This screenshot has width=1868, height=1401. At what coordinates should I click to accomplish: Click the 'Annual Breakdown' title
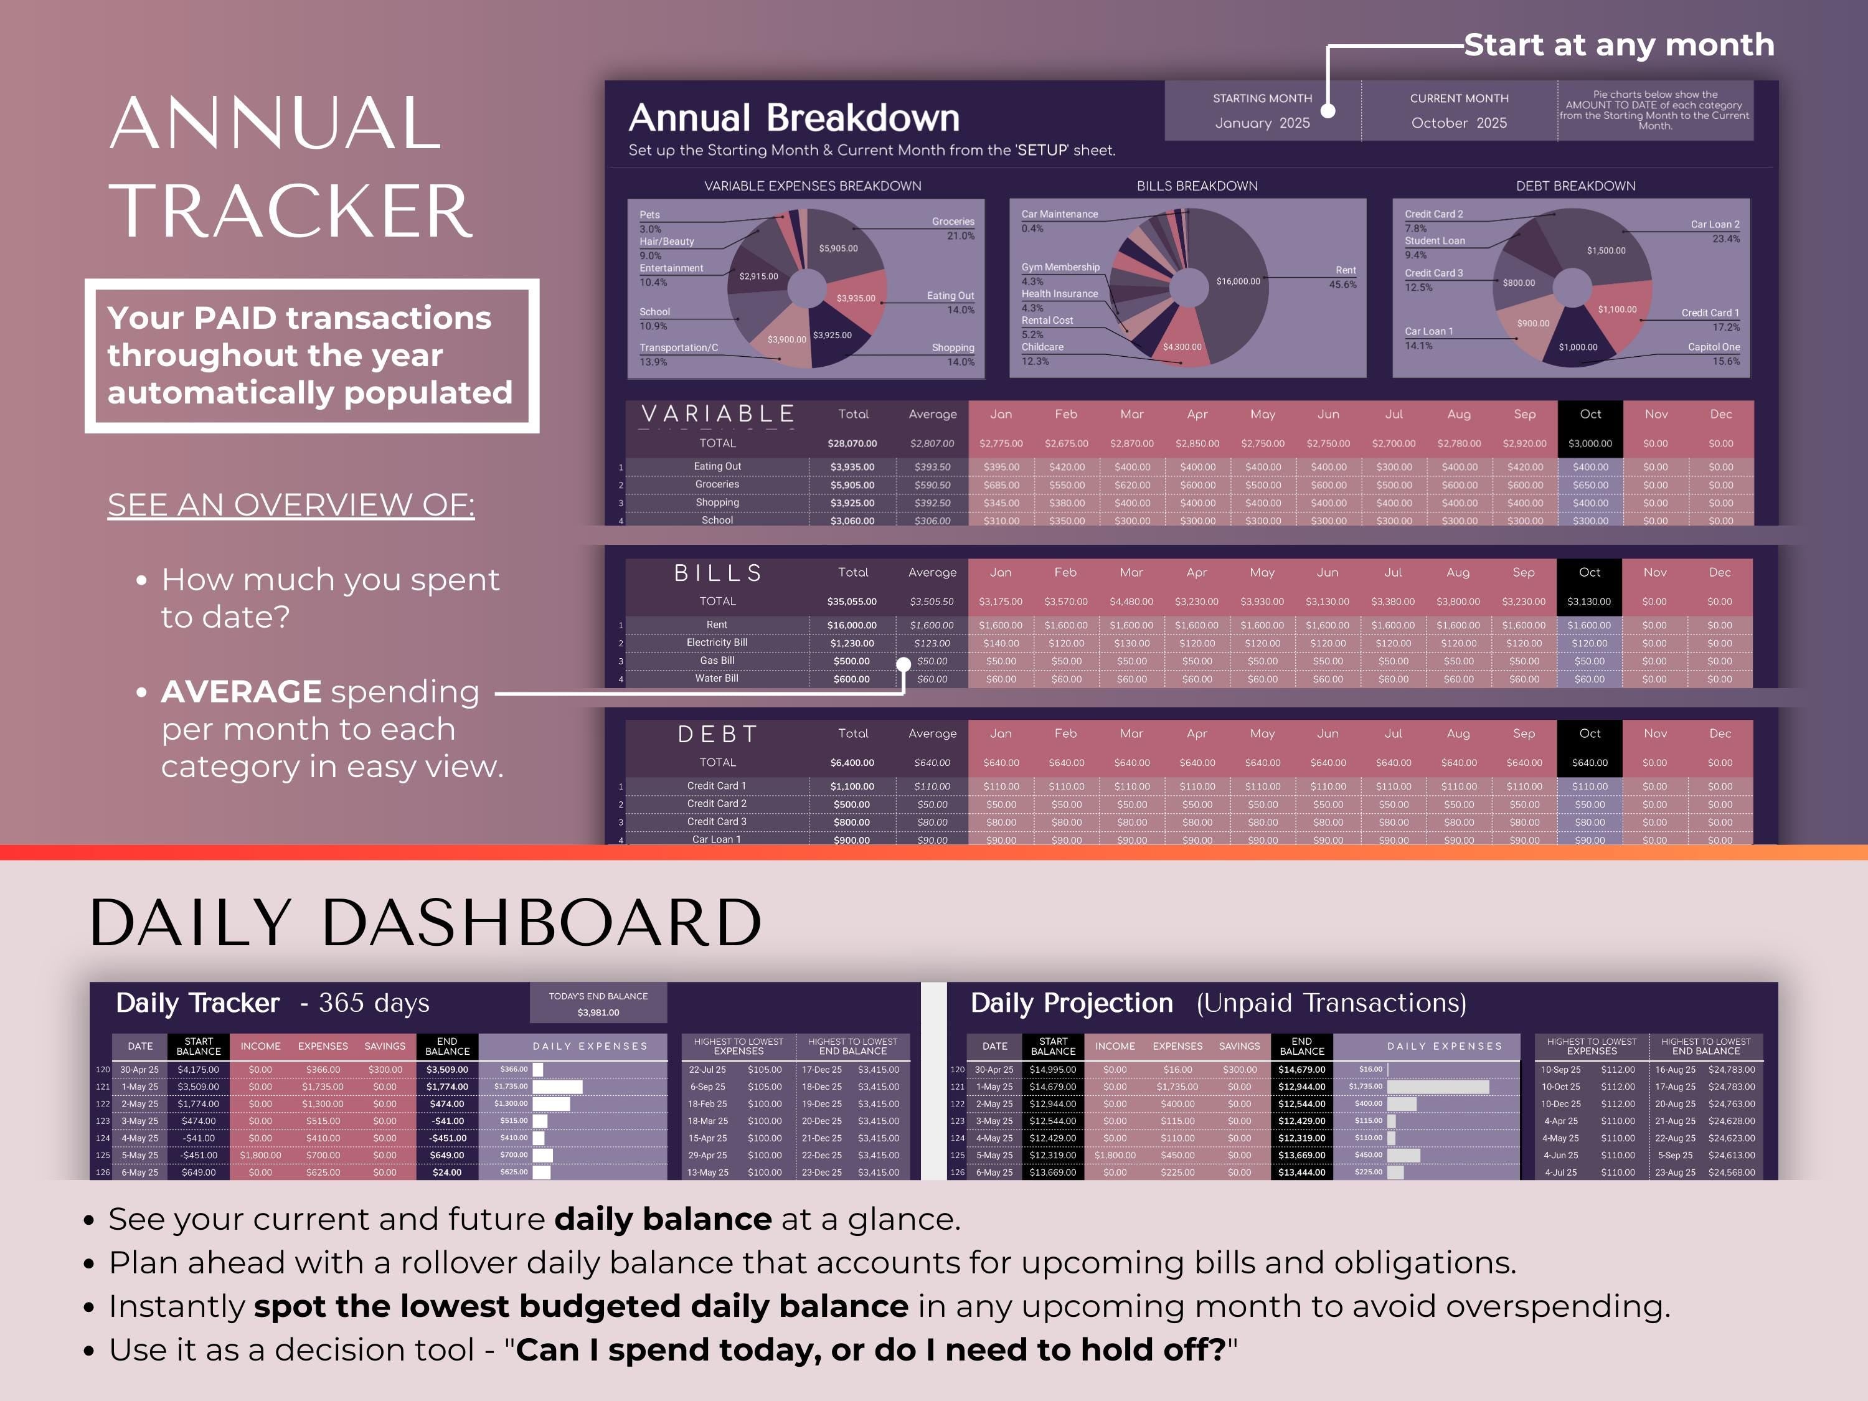coord(794,118)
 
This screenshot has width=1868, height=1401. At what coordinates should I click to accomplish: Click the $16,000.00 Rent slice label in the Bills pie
coord(1237,281)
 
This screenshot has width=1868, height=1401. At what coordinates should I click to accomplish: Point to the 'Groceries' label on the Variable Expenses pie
coord(953,221)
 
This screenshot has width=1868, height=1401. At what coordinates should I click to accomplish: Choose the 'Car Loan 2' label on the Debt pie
coord(1714,225)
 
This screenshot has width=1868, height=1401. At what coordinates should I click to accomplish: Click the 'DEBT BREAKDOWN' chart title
coord(1575,186)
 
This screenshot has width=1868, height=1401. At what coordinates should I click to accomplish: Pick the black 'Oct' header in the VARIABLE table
coord(1590,414)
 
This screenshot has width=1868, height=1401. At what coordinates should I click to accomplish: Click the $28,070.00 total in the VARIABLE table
coord(852,443)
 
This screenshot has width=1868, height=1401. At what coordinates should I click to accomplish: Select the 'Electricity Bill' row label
coord(717,643)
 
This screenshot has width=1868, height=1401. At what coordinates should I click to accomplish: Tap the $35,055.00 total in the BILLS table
coord(851,601)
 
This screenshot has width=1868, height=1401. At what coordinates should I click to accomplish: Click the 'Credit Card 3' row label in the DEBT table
coord(716,822)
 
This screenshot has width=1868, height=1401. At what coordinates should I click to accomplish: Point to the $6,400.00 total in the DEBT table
coord(851,763)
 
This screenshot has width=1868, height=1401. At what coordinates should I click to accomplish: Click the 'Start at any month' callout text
coord(1619,45)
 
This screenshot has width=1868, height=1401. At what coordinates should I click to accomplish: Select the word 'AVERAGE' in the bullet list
coord(241,692)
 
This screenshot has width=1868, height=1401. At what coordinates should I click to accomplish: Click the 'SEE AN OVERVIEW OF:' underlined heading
coord(291,505)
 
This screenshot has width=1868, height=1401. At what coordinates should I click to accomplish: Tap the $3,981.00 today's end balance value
coord(598,1012)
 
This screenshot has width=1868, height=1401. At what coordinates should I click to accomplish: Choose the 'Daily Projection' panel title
coord(1071,1003)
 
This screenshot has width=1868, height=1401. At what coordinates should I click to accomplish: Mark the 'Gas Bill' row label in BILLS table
coord(717,661)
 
